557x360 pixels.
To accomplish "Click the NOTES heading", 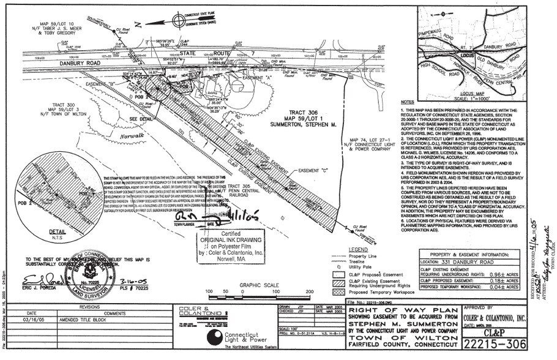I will tap(406, 102).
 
